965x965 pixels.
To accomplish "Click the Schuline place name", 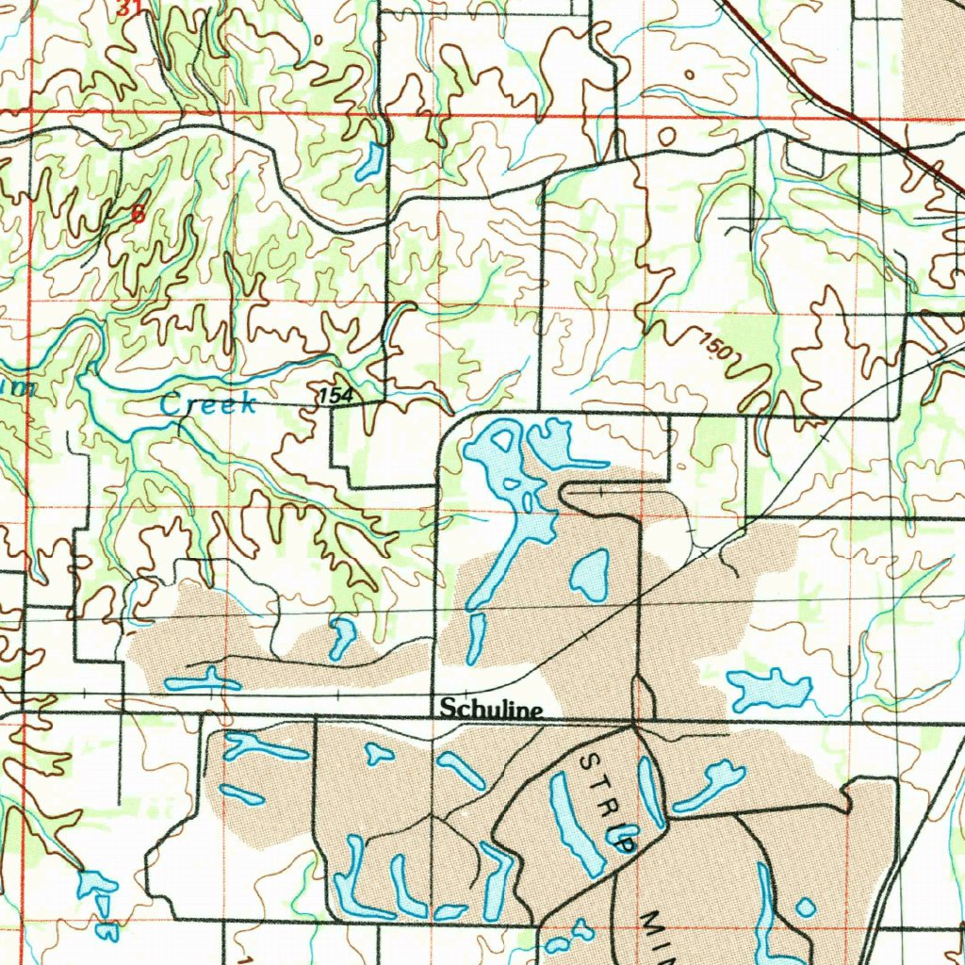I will coord(491,708).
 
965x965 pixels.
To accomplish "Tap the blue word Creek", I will coord(208,404).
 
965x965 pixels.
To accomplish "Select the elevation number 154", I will coord(335,396).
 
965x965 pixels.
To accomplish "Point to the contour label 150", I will coord(715,347).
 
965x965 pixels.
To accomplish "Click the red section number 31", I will coord(130,8).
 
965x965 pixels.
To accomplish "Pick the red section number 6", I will coord(139,214).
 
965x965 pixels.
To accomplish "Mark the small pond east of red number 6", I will coord(369,161).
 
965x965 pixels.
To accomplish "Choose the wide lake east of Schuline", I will coord(768,690).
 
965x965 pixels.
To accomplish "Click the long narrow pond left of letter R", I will coord(575,825).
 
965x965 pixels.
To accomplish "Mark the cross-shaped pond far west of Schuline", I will coord(201,681).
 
